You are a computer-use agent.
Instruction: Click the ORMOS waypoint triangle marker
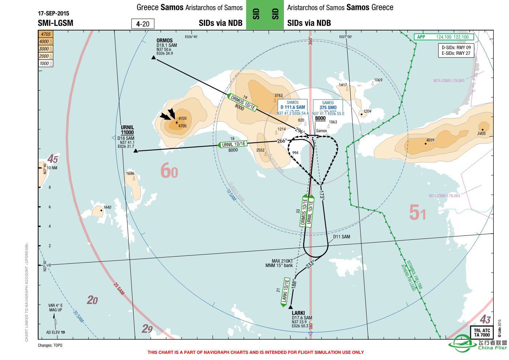(x=154, y=57)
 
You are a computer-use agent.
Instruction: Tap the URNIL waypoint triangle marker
(x=135, y=151)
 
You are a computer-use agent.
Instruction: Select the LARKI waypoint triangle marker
(x=290, y=308)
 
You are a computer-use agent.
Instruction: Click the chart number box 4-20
(x=143, y=24)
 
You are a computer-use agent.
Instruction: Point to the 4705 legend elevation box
(x=46, y=34)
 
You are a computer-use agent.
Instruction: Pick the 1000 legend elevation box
(x=46, y=63)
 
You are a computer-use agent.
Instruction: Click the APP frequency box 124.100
(x=444, y=37)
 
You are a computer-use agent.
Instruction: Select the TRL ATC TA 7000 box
(x=482, y=332)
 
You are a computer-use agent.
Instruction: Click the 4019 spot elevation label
(x=430, y=140)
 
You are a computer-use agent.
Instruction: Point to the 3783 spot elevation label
(x=278, y=96)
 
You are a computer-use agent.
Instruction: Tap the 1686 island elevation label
(x=130, y=174)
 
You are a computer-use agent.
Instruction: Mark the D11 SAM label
(x=342, y=236)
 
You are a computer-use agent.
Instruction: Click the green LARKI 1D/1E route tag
(x=286, y=292)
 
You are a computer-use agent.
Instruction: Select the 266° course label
(x=282, y=141)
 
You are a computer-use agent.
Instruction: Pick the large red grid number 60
(x=169, y=171)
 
